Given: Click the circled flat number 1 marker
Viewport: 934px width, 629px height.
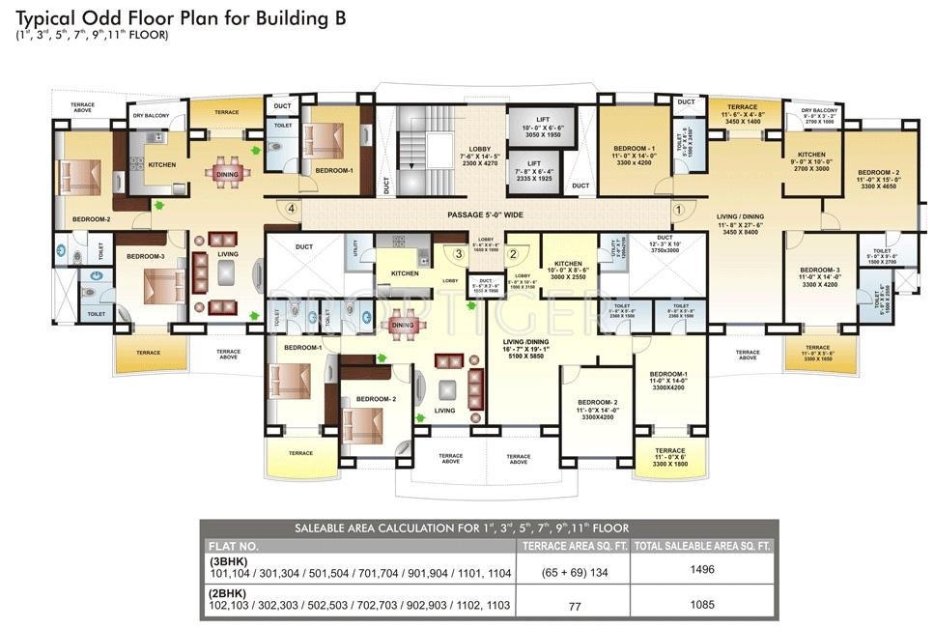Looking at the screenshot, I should coord(677,208).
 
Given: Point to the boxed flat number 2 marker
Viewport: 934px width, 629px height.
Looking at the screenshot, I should coord(514,253).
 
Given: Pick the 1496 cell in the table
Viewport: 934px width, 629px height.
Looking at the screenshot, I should coord(703,570).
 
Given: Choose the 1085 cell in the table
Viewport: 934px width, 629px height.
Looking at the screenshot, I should coord(703,605).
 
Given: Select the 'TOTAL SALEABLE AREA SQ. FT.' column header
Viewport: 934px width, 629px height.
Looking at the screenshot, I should coord(703,546).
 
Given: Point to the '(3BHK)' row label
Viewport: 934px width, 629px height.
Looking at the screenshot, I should coord(228,560).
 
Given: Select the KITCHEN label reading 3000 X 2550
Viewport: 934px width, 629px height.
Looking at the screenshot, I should coord(568,270).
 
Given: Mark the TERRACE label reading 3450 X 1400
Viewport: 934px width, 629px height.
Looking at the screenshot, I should coord(743,114).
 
